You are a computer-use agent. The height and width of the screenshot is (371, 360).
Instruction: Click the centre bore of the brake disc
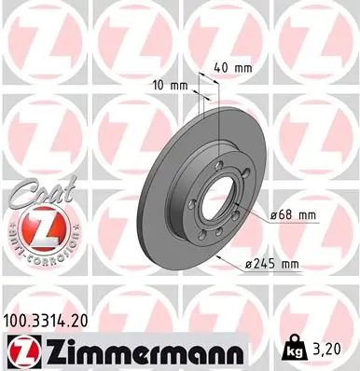point(217,200)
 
